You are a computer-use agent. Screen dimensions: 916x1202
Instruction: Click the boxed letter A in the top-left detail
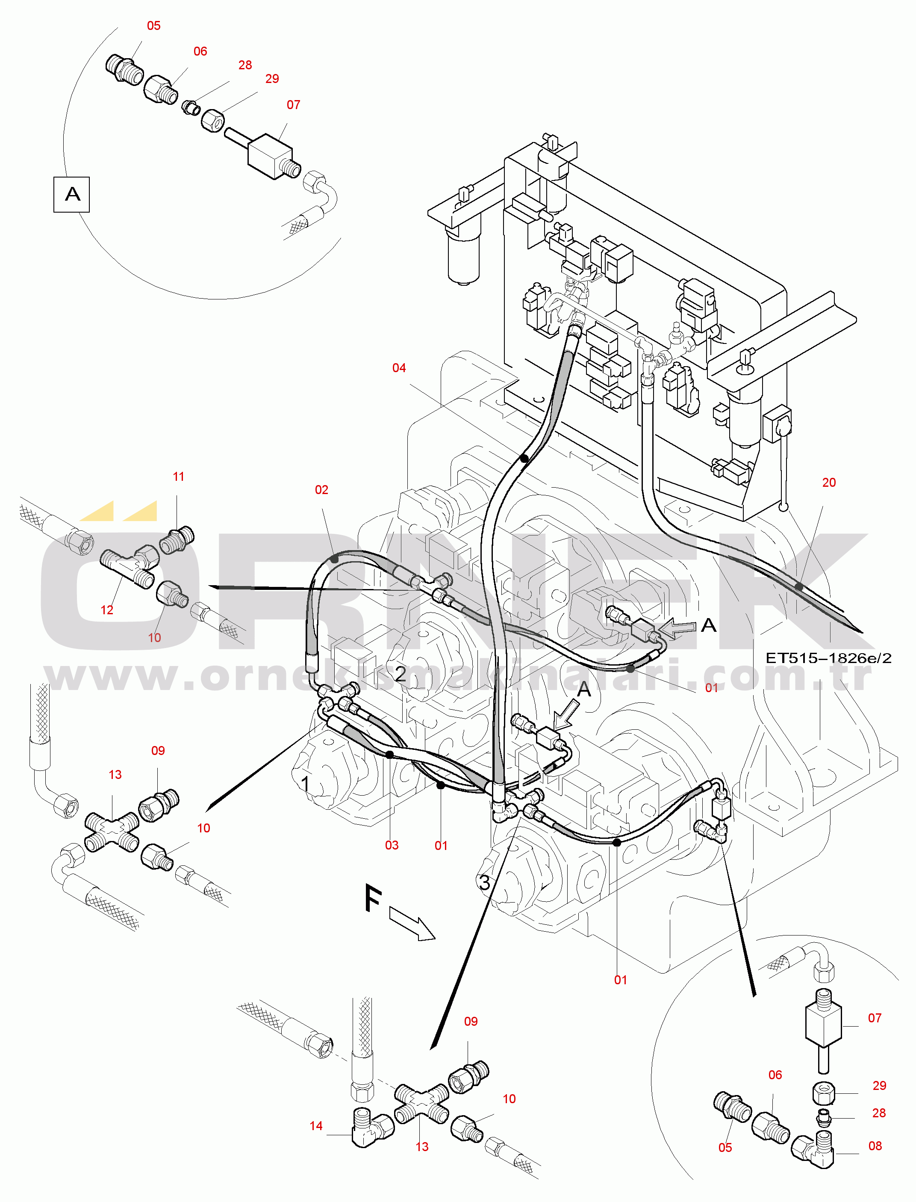point(72,194)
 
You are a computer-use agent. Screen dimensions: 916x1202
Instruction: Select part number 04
point(399,368)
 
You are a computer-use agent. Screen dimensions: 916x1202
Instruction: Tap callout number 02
point(322,490)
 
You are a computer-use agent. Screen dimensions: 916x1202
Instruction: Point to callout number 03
point(392,845)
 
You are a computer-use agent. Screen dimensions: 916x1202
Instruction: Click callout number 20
point(829,483)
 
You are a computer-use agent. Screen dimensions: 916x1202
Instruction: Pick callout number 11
point(179,477)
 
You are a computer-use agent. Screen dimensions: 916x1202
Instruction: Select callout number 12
point(107,610)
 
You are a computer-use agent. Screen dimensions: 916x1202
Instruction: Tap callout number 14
point(316,1125)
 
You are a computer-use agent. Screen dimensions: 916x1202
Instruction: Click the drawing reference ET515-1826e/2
point(829,658)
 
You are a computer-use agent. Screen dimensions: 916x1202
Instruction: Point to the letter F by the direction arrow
point(373,899)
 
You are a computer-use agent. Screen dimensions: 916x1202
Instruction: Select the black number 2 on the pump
point(401,674)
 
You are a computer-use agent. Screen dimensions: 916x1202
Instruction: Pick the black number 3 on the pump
point(485,882)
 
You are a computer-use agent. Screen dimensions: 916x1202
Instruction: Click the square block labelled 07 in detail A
point(271,156)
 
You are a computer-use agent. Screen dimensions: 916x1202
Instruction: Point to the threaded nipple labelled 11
point(177,540)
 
